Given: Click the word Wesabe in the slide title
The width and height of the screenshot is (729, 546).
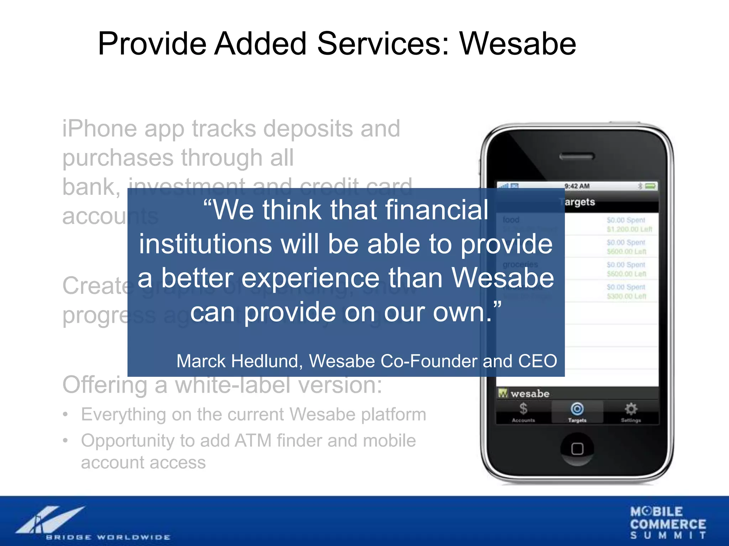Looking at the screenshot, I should pyautogui.click(x=518, y=44).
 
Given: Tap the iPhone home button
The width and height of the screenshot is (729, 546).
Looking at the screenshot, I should pyautogui.click(x=577, y=449).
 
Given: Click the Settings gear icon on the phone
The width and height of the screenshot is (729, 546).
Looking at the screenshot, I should pyautogui.click(x=631, y=409).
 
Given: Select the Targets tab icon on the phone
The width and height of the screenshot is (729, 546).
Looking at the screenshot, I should pyautogui.click(x=577, y=409).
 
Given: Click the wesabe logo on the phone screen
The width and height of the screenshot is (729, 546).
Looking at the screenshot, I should pyautogui.click(x=524, y=394).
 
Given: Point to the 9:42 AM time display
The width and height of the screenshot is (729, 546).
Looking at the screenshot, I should pyautogui.click(x=577, y=186).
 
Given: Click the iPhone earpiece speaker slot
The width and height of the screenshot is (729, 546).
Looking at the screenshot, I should pyautogui.click(x=577, y=156).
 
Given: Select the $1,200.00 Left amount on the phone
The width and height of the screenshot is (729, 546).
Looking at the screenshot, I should pyautogui.click(x=629, y=229).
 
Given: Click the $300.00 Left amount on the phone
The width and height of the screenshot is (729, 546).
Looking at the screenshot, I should pyautogui.click(x=626, y=296).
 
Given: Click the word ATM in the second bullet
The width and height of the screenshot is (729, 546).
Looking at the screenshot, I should pyautogui.click(x=253, y=440).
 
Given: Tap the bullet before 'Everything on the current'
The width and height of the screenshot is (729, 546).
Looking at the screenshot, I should pyautogui.click(x=65, y=414).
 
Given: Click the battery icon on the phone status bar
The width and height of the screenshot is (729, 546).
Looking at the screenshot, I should pyautogui.click(x=651, y=186).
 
